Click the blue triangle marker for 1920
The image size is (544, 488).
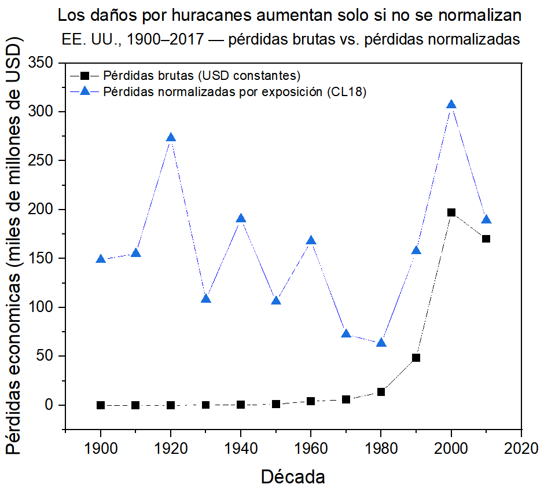[171, 138]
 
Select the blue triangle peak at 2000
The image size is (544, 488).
[451, 105]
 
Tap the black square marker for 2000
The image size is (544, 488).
[451, 212]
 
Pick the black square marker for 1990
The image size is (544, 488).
[416, 358]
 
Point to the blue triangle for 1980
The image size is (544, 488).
[381, 343]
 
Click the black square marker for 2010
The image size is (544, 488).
[486, 239]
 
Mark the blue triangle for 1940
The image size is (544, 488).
[241, 218]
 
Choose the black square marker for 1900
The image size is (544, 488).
[101, 405]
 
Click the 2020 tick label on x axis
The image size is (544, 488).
[521, 448]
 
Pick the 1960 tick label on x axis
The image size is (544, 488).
[311, 448]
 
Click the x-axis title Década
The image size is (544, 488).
[293, 477]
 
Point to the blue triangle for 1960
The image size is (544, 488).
[311, 241]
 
